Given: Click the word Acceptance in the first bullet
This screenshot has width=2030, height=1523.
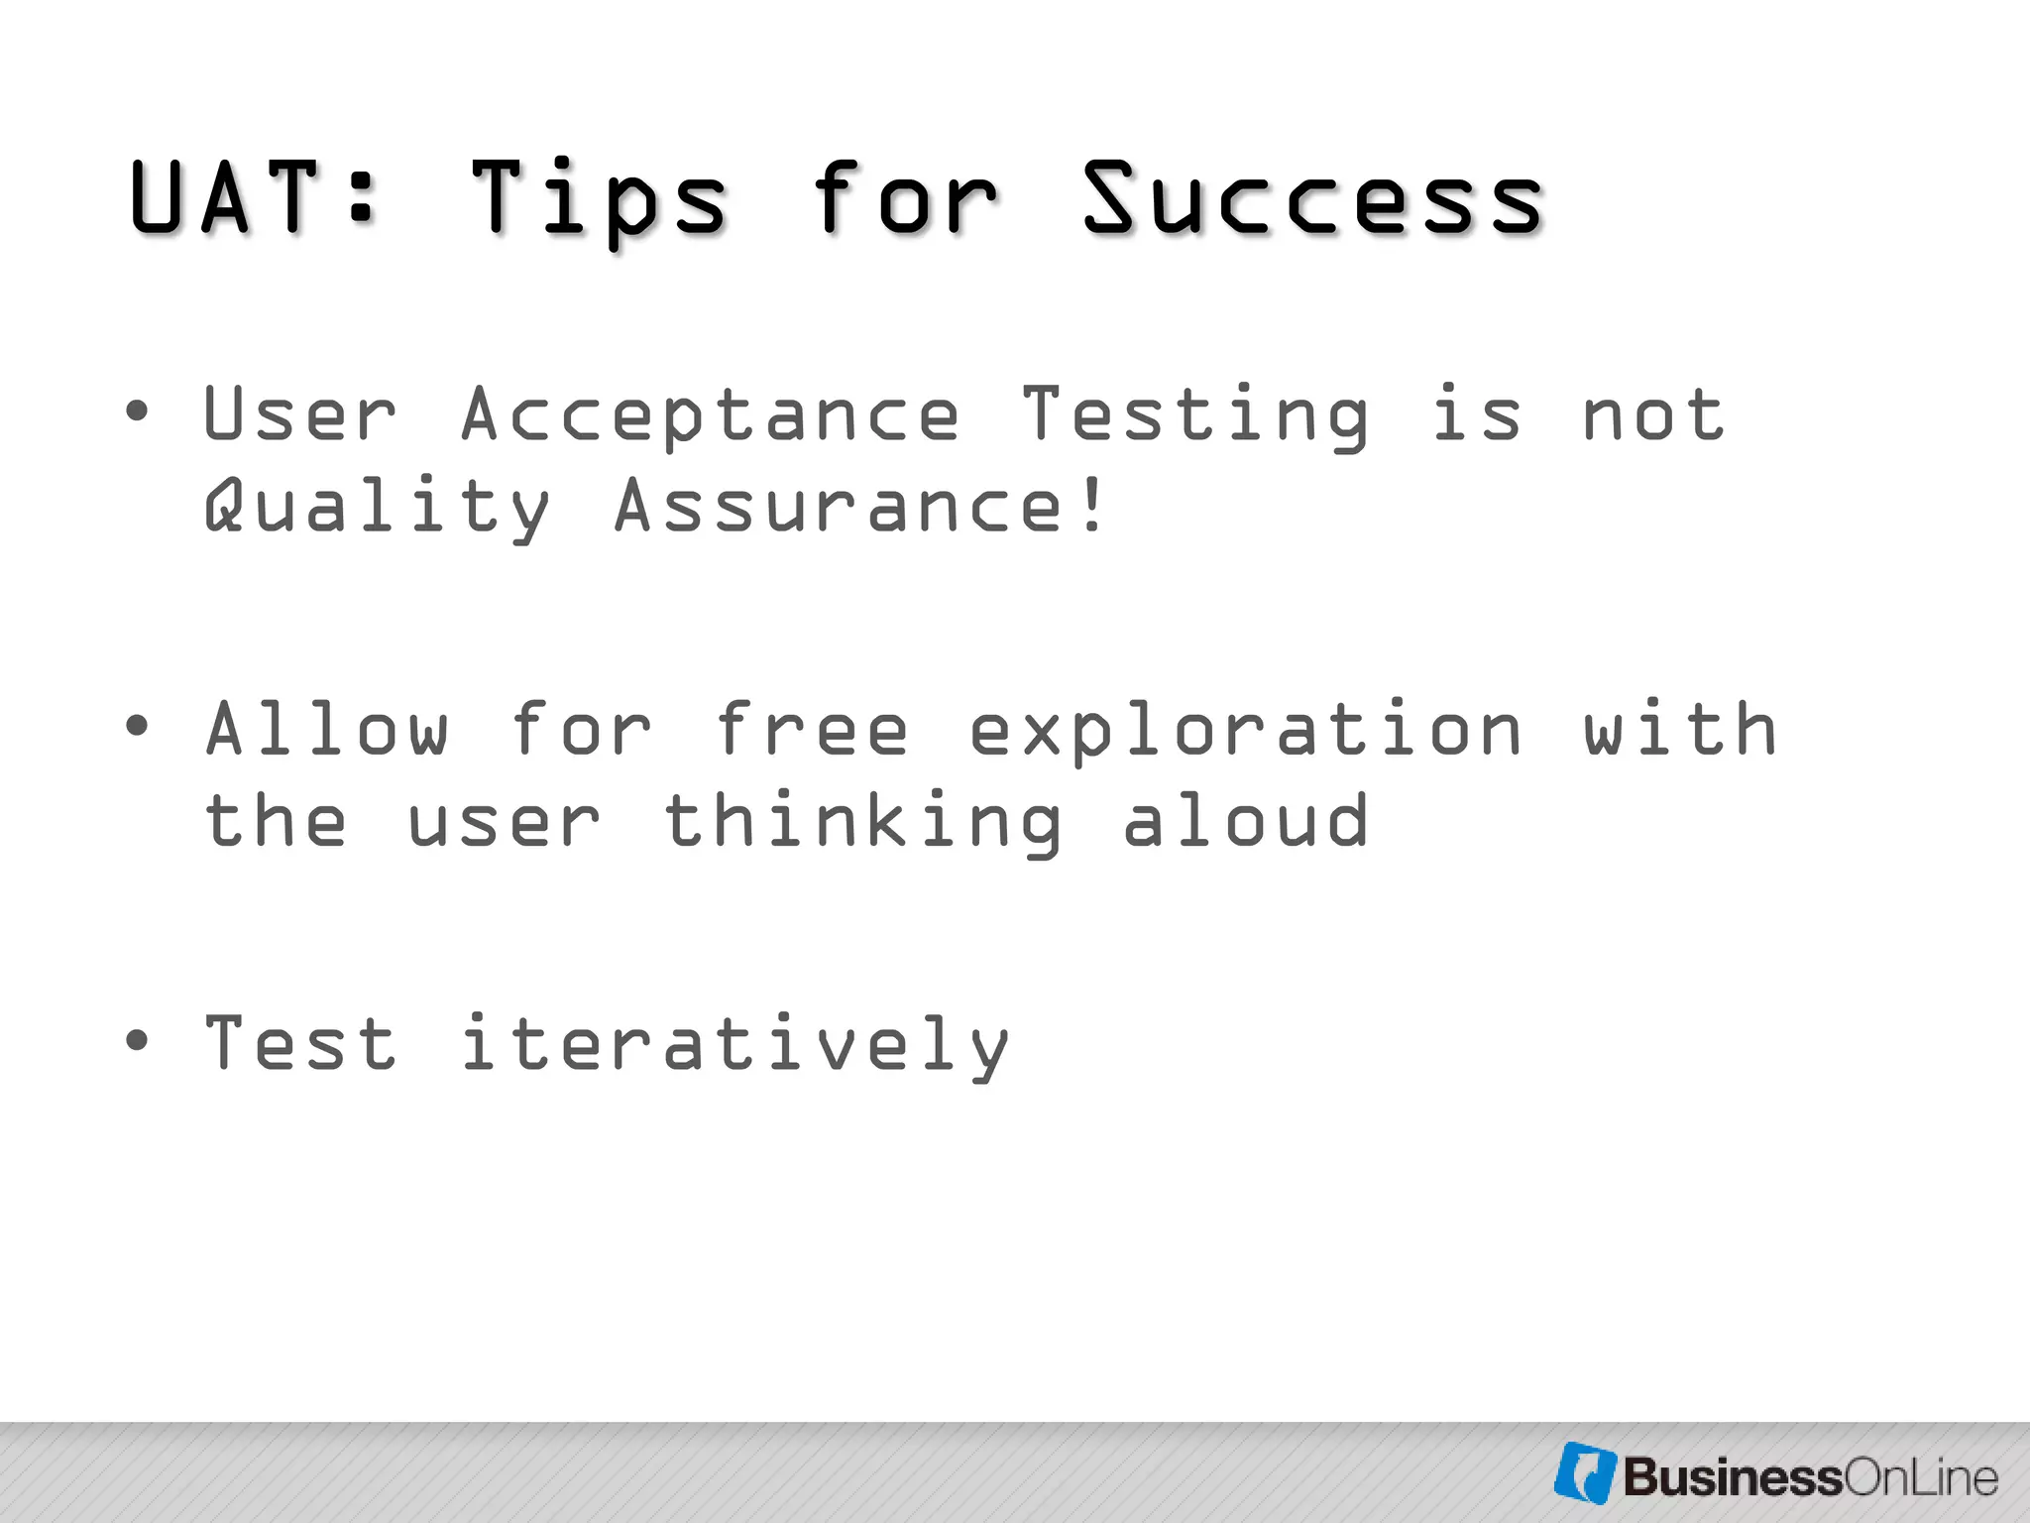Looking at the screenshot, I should pyautogui.click(x=710, y=414).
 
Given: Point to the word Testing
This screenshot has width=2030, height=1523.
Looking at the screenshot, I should pyautogui.click(x=1195, y=414).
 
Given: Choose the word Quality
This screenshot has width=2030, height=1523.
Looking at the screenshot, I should pyautogui.click(x=377, y=506).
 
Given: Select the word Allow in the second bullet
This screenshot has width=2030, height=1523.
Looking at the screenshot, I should pyautogui.click(x=327, y=729).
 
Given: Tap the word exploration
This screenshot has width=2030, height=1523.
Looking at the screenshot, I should pyautogui.click(x=1245, y=731).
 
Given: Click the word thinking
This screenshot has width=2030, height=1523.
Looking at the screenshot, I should pyautogui.click(x=863, y=822).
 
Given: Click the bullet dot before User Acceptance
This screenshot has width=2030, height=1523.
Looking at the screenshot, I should pyautogui.click(x=138, y=410).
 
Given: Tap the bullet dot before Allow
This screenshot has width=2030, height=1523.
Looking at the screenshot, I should pyautogui.click(x=138, y=725).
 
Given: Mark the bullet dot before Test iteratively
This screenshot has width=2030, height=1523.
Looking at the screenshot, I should pyautogui.click(x=138, y=1040).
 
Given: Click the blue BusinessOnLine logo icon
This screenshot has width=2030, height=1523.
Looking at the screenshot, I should pyautogui.click(x=1585, y=1472).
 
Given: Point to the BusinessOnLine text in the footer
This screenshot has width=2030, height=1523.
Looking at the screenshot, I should pyautogui.click(x=1810, y=1477).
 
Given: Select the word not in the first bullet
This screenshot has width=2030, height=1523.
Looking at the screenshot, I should pyautogui.click(x=1653, y=414).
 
